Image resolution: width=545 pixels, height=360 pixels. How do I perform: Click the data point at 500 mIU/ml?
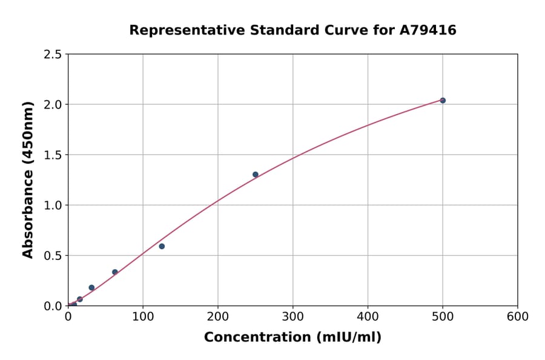(x=443, y=101)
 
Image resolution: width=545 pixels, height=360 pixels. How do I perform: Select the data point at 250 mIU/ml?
(x=256, y=175)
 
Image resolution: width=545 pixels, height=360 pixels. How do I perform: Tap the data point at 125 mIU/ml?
(x=162, y=246)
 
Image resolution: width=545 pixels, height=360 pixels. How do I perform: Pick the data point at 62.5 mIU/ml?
(x=115, y=272)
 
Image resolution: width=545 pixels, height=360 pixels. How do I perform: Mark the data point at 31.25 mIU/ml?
(x=91, y=288)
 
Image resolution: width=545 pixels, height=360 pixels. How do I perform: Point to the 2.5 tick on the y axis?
(x=54, y=55)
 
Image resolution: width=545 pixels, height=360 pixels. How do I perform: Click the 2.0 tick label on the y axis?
(x=54, y=105)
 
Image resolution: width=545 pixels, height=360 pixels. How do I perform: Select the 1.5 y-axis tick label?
(x=54, y=155)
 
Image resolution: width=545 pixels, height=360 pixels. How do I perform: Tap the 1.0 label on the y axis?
(x=54, y=205)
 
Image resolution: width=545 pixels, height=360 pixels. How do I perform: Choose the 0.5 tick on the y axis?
(x=54, y=256)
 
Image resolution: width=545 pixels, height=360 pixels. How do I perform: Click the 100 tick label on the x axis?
(x=143, y=317)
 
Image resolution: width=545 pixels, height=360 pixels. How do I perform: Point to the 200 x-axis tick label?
(x=218, y=317)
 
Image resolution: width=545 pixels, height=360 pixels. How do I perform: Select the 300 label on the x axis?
(x=293, y=317)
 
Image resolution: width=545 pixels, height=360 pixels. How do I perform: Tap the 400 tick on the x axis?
(x=368, y=317)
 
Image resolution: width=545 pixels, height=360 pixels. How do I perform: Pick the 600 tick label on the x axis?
(x=518, y=317)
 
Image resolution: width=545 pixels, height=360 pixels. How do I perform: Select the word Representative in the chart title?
(x=177, y=30)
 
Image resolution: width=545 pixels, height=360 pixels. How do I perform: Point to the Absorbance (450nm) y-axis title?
(x=28, y=179)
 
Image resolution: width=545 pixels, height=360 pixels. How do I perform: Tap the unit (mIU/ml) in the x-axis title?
(x=346, y=338)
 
